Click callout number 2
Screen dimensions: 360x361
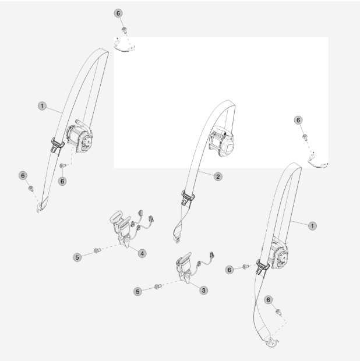218,176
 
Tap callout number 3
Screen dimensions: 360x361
203,291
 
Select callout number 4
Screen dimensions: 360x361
142,253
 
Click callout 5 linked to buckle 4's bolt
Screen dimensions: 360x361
77,257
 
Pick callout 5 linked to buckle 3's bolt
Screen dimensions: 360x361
137,292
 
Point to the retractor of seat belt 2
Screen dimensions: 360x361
221,141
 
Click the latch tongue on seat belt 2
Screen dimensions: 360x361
188,197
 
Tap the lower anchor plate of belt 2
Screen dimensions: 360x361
177,240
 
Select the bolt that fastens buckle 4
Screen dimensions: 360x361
97,250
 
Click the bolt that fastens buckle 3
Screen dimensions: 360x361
158,286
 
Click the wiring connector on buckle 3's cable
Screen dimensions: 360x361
211,255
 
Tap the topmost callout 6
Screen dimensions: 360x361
118,13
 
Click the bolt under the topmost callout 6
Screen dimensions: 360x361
125,30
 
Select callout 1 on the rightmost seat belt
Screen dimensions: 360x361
312,226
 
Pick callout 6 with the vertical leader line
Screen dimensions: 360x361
62,181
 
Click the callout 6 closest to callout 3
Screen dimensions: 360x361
229,270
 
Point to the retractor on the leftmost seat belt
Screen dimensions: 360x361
79,137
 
